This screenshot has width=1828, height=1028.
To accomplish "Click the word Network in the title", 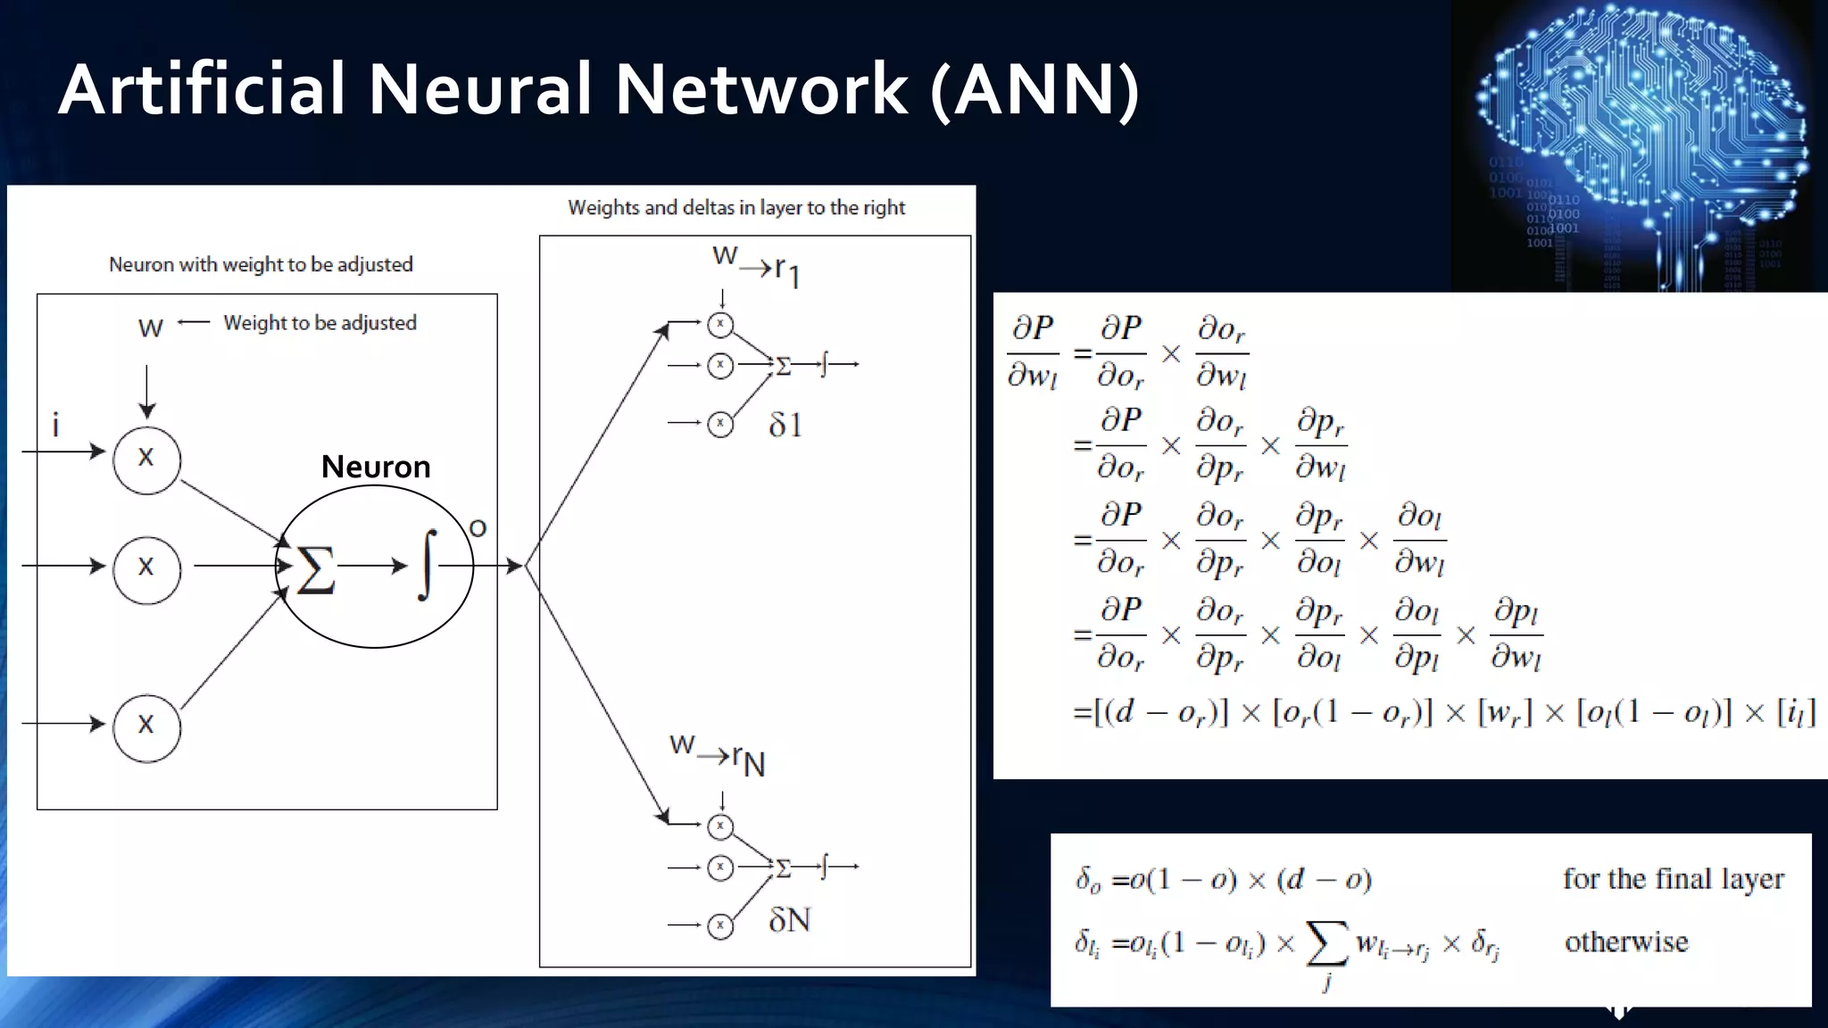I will pyautogui.click(x=760, y=89).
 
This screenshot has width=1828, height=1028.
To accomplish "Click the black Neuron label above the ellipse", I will pyautogui.click(x=376, y=467).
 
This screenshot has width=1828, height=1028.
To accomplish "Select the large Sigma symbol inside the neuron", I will pyautogui.click(x=315, y=569).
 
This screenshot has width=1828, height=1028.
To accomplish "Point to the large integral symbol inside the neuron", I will pyautogui.click(x=428, y=565).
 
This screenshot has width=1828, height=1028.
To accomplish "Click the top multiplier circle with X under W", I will pyautogui.click(x=146, y=460).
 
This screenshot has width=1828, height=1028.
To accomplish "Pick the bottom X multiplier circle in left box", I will pyautogui.click(x=146, y=726).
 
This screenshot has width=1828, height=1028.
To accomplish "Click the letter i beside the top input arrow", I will pyautogui.click(x=55, y=426).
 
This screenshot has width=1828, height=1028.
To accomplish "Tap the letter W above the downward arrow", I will pyautogui.click(x=150, y=328).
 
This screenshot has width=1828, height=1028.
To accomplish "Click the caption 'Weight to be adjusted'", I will pyautogui.click(x=320, y=323).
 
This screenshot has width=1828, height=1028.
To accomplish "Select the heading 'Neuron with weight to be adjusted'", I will pyautogui.click(x=261, y=264).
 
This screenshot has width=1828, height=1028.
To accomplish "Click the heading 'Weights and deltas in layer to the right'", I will pyautogui.click(x=736, y=208).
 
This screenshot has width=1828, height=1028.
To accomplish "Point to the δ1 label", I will pyautogui.click(x=785, y=425).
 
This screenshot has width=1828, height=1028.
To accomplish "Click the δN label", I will pyautogui.click(x=789, y=920).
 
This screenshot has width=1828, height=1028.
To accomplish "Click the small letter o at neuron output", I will pyautogui.click(x=478, y=528).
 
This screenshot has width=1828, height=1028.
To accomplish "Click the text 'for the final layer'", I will pyautogui.click(x=1673, y=879).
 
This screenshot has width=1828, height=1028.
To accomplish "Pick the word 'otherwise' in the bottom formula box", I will pyautogui.click(x=1626, y=942).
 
